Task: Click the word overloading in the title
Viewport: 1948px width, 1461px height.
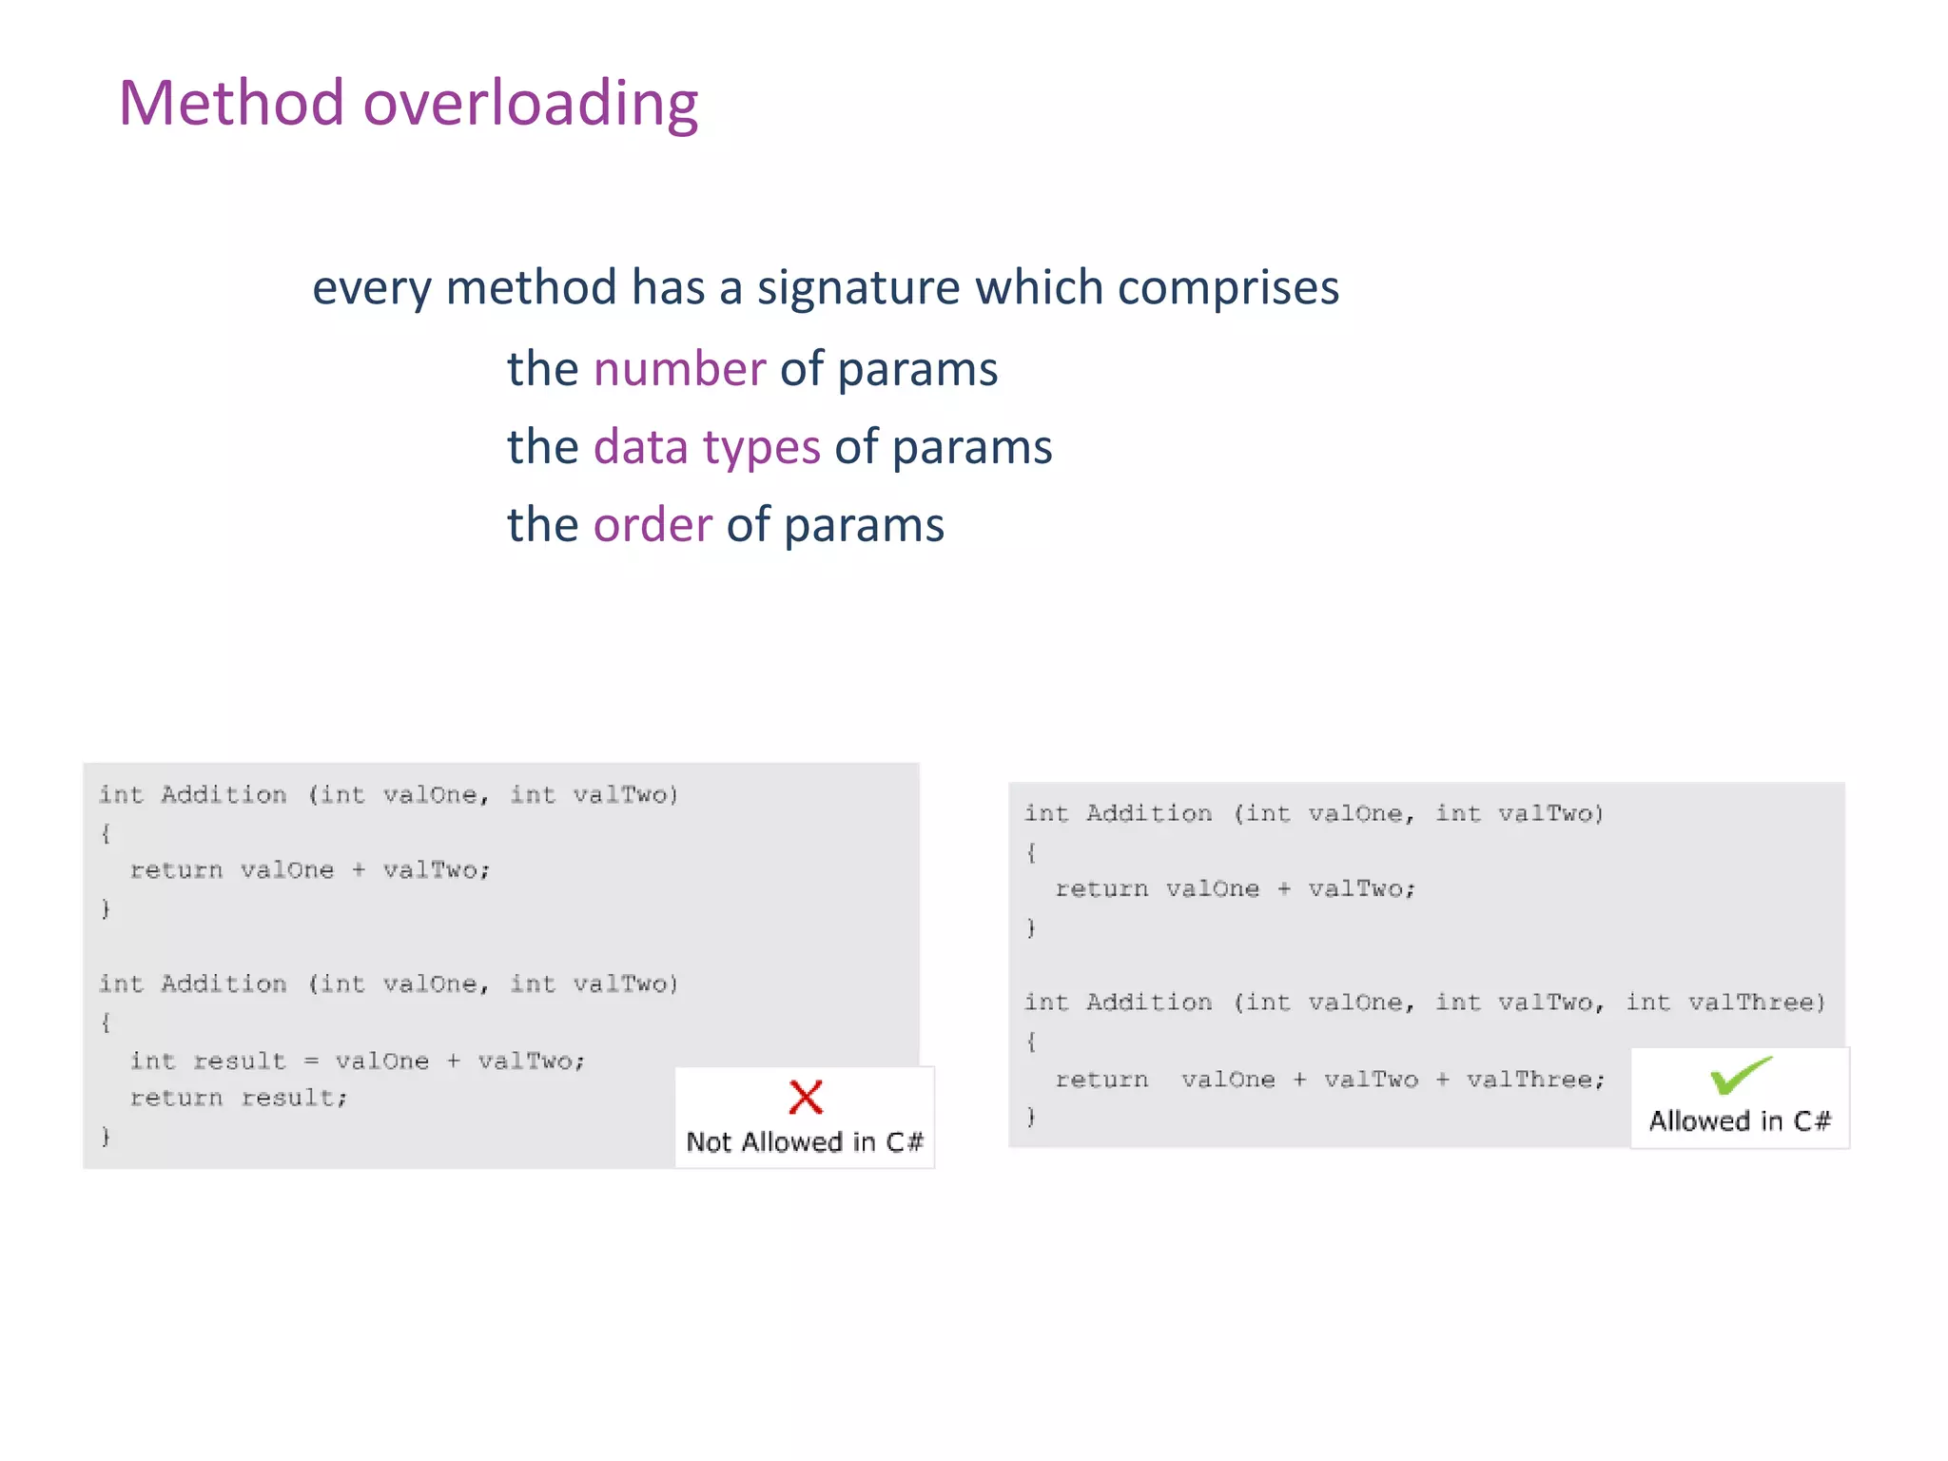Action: click(531, 105)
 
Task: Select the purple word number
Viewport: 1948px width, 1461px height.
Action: click(679, 369)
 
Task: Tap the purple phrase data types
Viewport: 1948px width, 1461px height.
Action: click(706, 447)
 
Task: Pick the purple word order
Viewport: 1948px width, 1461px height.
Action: click(653, 525)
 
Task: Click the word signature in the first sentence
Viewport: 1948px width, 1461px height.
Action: click(858, 288)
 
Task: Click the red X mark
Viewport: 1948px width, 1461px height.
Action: click(806, 1097)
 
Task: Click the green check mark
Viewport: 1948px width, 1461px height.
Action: click(1740, 1076)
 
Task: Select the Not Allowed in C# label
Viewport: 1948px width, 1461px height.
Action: click(805, 1141)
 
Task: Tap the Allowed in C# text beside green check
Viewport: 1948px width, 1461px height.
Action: click(1740, 1121)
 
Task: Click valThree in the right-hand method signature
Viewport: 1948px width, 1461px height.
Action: click(1756, 1003)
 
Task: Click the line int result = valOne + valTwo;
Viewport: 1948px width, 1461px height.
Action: click(358, 1061)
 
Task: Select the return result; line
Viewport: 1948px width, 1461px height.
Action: click(239, 1098)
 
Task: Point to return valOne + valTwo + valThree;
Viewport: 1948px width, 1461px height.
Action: click(1330, 1080)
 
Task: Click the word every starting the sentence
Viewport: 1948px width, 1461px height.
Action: click(371, 288)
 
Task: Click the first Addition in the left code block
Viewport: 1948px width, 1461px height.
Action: click(224, 795)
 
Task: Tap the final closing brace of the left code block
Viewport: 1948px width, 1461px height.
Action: click(106, 1136)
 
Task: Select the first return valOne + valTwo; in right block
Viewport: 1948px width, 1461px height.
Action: click(1235, 889)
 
